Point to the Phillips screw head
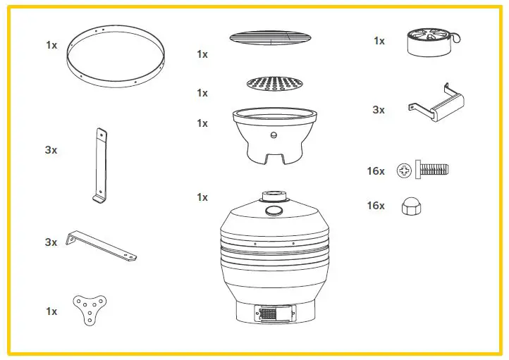coord(405,169)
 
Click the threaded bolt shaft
coord(434,169)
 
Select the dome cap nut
coord(408,206)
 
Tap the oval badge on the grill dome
coord(274,211)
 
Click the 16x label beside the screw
coord(376,170)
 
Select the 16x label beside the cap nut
coord(376,206)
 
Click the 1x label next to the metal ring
coord(51,45)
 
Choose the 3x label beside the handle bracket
coord(379,110)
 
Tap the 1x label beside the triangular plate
coord(51,311)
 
